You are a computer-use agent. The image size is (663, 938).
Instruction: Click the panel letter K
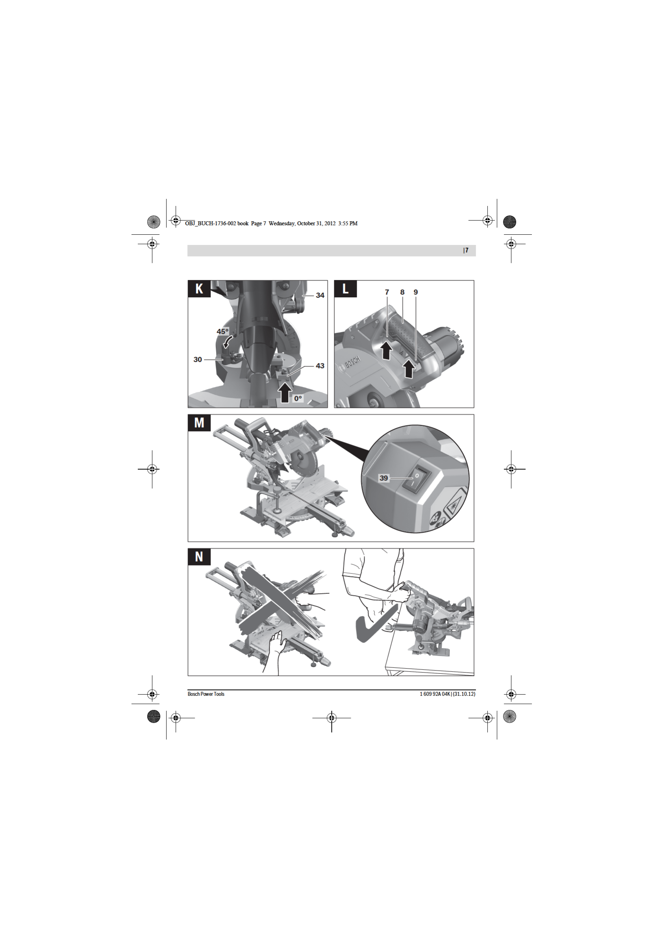[x=199, y=288]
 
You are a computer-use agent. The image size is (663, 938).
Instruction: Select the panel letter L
[x=346, y=288]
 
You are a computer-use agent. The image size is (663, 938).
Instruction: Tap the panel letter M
[x=199, y=423]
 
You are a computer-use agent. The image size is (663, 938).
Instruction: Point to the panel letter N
[x=199, y=556]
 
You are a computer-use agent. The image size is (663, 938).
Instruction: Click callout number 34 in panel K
[x=320, y=295]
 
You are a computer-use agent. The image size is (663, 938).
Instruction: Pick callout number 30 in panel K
[x=198, y=360]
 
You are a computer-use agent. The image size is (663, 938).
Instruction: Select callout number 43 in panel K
[x=320, y=366]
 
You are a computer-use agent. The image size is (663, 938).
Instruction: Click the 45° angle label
[x=222, y=331]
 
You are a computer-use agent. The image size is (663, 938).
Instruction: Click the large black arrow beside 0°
[x=285, y=393]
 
